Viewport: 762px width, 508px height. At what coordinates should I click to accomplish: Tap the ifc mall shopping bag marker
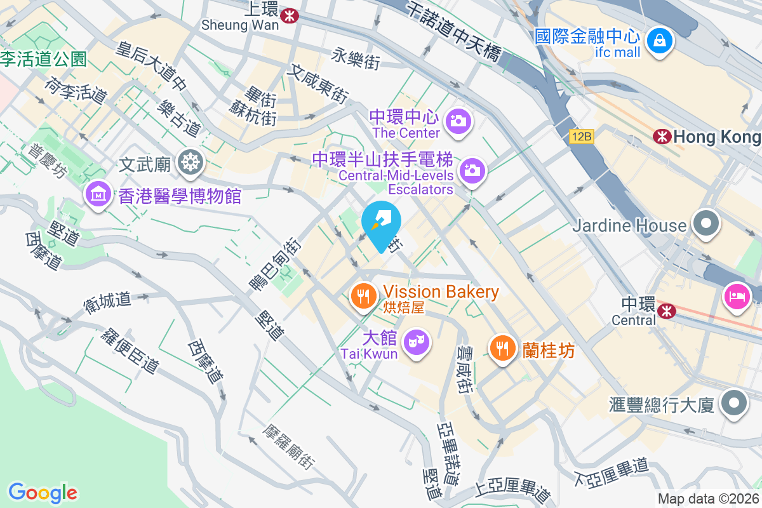[x=660, y=41]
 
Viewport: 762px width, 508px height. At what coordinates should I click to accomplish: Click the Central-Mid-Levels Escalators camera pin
[x=472, y=170]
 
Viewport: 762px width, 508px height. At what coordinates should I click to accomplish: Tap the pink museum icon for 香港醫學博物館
[x=98, y=193]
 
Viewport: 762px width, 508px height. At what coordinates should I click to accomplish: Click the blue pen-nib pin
[x=382, y=223]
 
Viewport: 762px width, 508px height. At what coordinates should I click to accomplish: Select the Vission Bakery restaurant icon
[x=363, y=295]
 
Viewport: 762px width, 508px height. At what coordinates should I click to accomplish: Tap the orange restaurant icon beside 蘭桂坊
[x=502, y=347]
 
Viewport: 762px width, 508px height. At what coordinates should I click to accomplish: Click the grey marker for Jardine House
[x=705, y=224]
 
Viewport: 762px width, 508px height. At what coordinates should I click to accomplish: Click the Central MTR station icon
[x=665, y=310]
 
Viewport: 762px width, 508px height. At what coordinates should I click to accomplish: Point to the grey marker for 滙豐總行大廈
[x=735, y=403]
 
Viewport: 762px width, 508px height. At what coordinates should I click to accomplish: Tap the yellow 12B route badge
[x=581, y=137]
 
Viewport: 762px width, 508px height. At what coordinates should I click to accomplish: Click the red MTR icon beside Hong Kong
[x=662, y=136]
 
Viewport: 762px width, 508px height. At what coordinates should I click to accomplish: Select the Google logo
[x=43, y=492]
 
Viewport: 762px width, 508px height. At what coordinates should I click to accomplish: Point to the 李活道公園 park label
[x=43, y=60]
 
